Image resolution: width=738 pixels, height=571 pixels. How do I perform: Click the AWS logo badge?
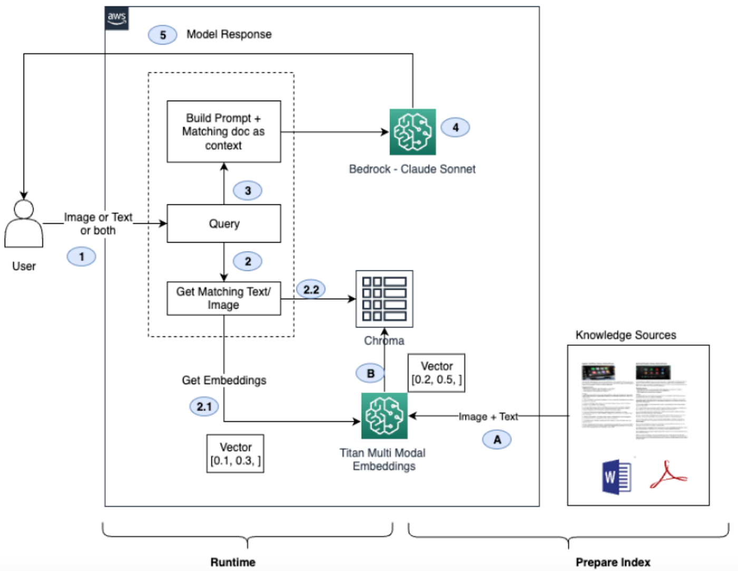click(x=116, y=18)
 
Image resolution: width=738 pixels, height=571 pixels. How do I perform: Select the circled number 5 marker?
click(x=162, y=35)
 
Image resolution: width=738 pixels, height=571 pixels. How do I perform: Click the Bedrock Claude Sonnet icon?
click(x=413, y=132)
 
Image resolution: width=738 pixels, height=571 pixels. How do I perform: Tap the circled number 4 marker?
click(x=455, y=127)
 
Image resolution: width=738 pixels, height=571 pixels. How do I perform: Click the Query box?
click(x=224, y=223)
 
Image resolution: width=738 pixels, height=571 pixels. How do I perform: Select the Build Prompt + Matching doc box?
click(x=224, y=132)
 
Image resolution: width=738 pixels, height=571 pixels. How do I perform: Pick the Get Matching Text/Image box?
click(x=224, y=299)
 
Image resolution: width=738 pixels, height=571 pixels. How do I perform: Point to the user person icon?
click(x=24, y=224)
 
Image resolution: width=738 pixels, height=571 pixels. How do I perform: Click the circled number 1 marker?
click(x=81, y=257)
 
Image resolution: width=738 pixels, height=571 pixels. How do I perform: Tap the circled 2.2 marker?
click(x=311, y=289)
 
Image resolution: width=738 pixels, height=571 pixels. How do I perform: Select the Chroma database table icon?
click(x=384, y=299)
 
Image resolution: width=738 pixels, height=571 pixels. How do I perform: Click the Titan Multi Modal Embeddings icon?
click(x=384, y=416)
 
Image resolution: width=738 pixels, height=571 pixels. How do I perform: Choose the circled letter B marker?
click(x=370, y=373)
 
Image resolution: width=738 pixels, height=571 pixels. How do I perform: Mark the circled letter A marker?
click(x=497, y=439)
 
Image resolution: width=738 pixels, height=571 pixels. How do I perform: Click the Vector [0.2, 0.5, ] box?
click(x=436, y=373)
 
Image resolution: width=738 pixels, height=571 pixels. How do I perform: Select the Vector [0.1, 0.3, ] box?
click(x=235, y=454)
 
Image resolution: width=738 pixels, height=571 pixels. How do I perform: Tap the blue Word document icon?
click(x=616, y=477)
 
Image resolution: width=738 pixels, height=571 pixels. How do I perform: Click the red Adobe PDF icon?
click(x=667, y=475)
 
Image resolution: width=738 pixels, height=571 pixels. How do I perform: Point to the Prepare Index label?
click(x=613, y=562)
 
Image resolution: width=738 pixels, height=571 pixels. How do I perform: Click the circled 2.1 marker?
click(x=204, y=407)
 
